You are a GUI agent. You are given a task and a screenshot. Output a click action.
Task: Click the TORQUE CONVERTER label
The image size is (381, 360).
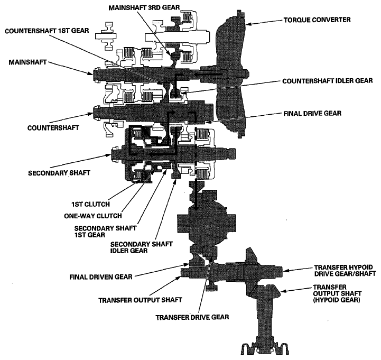click(x=317, y=20)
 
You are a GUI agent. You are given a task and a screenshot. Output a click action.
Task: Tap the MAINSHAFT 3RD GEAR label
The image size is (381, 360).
click(x=144, y=7)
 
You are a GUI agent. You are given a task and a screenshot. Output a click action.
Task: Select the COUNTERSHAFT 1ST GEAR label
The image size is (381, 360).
click(x=47, y=31)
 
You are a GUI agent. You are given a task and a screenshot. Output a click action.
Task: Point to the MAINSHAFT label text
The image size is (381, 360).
click(x=27, y=62)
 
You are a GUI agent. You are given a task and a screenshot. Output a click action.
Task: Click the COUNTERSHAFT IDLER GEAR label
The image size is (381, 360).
click(x=328, y=81)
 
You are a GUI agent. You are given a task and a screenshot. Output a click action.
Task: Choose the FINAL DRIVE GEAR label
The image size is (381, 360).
click(x=312, y=113)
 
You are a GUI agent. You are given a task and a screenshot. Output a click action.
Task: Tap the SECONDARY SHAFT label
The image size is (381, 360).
click(x=59, y=173)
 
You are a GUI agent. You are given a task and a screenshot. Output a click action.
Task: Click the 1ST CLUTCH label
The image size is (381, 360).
click(x=91, y=204)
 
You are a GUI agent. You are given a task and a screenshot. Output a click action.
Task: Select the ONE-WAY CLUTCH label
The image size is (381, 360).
click(x=93, y=216)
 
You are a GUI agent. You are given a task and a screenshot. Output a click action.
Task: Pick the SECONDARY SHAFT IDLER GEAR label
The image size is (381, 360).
click(x=142, y=247)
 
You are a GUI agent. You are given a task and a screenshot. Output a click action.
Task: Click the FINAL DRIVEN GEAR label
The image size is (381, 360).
click(x=101, y=277)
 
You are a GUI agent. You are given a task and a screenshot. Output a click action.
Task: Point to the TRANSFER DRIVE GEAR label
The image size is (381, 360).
click(x=192, y=317)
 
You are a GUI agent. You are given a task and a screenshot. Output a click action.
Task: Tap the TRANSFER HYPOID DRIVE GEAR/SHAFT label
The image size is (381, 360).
click(x=345, y=271)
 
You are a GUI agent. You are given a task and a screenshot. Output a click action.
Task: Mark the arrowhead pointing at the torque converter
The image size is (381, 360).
click(x=248, y=24)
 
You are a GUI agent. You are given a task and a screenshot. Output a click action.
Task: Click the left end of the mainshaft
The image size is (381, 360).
click(x=94, y=73)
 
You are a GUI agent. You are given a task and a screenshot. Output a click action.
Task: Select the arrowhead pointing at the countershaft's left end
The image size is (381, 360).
click(x=91, y=113)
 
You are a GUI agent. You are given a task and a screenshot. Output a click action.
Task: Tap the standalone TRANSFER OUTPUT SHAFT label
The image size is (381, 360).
click(x=140, y=300)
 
